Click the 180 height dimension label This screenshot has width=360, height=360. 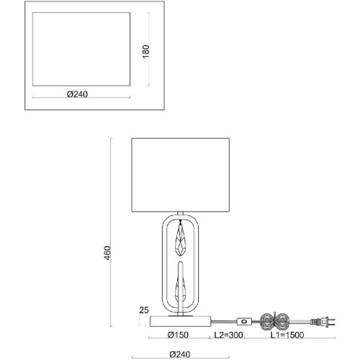pos(145,51)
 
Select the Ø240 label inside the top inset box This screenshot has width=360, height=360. pos(77,94)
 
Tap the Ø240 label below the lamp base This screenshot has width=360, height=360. pos(180,354)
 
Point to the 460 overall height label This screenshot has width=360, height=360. pos(107,253)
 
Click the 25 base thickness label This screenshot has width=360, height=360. pos(144,310)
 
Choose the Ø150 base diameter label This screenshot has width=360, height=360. pos(178,335)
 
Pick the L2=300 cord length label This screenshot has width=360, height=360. pos(228,335)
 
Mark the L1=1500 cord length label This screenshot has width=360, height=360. pos(287,335)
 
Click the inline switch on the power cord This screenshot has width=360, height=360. pos(244,321)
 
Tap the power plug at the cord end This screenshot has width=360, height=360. pos(323,322)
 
